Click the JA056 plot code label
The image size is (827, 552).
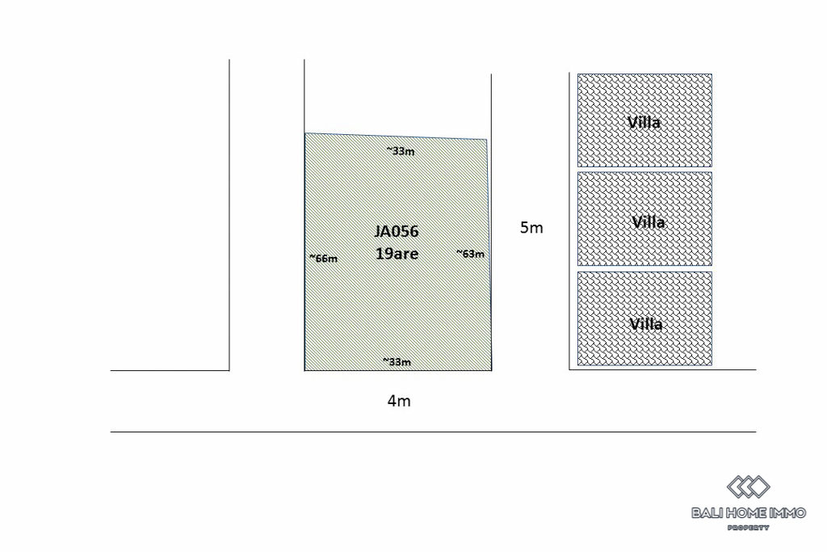pyautogui.click(x=397, y=231)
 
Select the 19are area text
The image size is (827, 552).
pyautogui.click(x=397, y=253)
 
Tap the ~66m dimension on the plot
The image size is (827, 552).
pyautogui.click(x=323, y=259)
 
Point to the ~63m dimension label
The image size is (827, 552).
pyautogui.click(x=470, y=254)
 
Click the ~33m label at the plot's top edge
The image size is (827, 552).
pyautogui.click(x=400, y=150)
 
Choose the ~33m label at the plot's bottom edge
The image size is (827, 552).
pyautogui.click(x=397, y=362)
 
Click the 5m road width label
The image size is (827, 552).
pyautogui.click(x=531, y=228)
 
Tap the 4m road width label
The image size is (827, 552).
pyautogui.click(x=399, y=401)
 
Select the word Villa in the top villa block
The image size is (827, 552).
pyautogui.click(x=644, y=123)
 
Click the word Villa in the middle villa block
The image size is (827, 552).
pyautogui.click(x=649, y=221)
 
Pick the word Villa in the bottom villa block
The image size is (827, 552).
pyautogui.click(x=646, y=324)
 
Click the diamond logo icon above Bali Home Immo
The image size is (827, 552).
pyautogui.click(x=749, y=487)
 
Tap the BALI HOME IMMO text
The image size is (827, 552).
pyautogui.click(x=749, y=512)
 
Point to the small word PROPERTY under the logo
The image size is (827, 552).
pyautogui.click(x=749, y=528)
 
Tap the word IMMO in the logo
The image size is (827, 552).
pyautogui.click(x=789, y=512)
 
